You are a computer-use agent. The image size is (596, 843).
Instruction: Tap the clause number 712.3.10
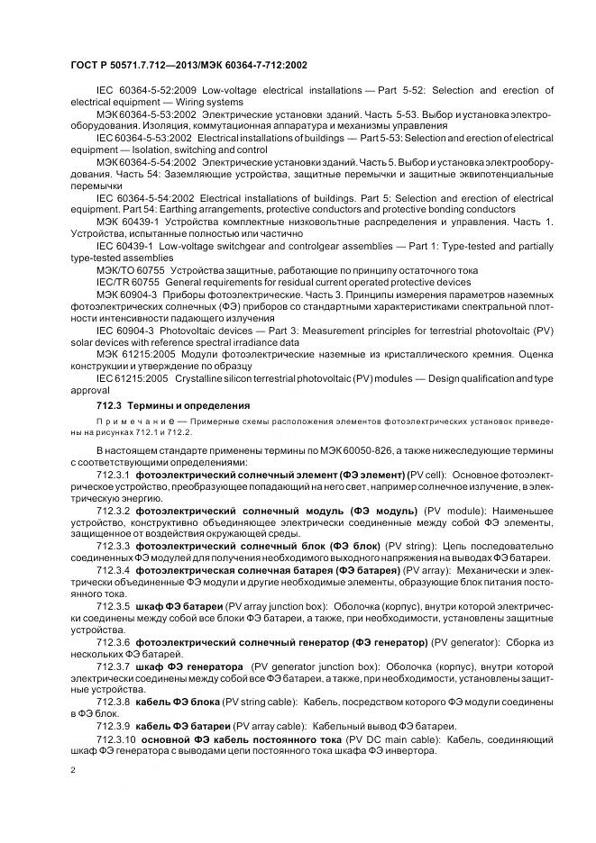(x=116, y=739)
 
